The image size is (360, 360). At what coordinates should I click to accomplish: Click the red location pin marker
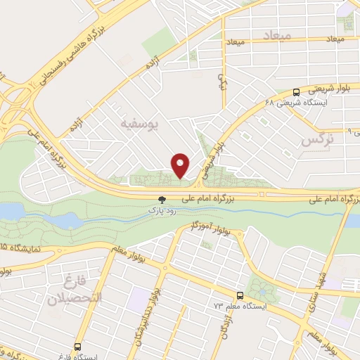click(181, 165)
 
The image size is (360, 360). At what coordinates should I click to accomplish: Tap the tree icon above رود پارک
click(162, 200)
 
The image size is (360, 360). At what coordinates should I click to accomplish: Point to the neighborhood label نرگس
click(316, 140)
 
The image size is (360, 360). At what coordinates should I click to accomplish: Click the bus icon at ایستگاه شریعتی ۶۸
click(296, 91)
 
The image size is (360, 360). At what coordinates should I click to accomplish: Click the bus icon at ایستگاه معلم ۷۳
click(241, 295)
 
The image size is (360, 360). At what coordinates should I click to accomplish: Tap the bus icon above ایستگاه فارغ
click(77, 346)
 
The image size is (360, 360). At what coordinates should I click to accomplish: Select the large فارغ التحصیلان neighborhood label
click(74, 292)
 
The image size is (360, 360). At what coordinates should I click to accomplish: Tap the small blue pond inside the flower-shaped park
click(262, 288)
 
